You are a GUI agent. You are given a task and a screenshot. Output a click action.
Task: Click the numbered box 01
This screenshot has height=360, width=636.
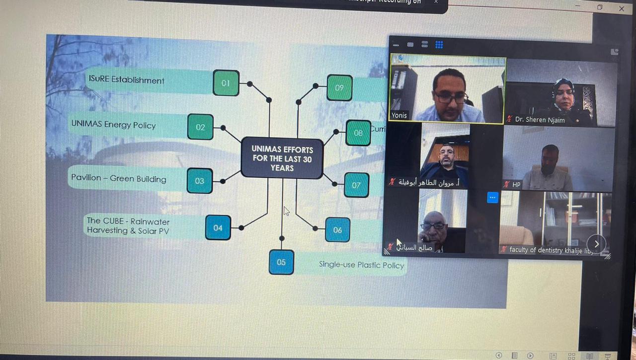coord(226,83)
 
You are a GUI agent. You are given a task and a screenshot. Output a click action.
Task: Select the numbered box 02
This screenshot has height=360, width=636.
coord(201,127)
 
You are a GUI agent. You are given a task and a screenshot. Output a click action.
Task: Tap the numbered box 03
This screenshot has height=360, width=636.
coord(200,181)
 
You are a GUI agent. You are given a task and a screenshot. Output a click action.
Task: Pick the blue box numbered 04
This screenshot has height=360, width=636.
coord(218,228)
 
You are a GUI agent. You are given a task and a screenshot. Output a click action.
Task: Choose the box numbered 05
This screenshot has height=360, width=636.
coord(281,262)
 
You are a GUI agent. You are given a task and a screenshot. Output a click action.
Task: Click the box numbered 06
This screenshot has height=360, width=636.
coord(338,230)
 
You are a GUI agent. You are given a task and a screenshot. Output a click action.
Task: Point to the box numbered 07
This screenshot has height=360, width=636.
coord(356,185)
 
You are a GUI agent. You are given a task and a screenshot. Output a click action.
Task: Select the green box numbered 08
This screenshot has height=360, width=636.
coord(358,133)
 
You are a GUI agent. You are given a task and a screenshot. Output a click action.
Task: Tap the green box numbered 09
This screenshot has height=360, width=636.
coord(339,88)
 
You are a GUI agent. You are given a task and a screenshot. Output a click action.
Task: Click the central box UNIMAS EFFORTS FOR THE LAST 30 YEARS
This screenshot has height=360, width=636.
coord(282,158)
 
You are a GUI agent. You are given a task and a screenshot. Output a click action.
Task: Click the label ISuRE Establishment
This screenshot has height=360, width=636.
coord(126,80)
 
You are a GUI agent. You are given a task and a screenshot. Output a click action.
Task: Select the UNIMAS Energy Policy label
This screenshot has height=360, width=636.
coord(113,125)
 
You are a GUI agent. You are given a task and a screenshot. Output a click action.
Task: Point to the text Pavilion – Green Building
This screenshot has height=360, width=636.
coord(119,178)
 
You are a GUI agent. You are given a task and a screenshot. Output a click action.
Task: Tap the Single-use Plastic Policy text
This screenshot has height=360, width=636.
coord(361,265)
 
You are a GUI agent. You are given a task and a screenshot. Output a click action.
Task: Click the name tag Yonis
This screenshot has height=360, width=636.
coord(399,116)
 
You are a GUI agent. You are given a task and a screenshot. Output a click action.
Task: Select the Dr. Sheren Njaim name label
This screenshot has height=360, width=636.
coord(540,120)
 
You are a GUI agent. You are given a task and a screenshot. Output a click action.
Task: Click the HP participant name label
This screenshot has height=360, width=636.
coord(516,185)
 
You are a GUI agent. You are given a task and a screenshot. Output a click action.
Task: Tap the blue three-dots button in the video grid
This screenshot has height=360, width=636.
coord(492,198)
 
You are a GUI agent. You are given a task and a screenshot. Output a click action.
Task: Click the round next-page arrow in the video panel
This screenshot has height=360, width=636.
coord(596,244)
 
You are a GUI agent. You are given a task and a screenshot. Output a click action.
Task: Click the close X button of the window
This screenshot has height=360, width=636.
coord(622,8)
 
